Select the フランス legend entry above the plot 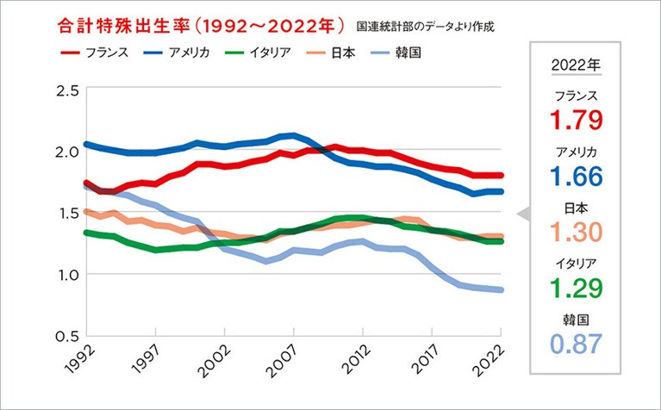[x=94, y=53]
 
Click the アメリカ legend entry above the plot [x=178, y=53]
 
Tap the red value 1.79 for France [x=577, y=119]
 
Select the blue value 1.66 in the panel [x=577, y=176]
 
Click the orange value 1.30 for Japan [x=577, y=232]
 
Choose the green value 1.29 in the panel [x=577, y=288]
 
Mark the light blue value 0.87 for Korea [x=577, y=345]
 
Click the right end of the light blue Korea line [x=501, y=289]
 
